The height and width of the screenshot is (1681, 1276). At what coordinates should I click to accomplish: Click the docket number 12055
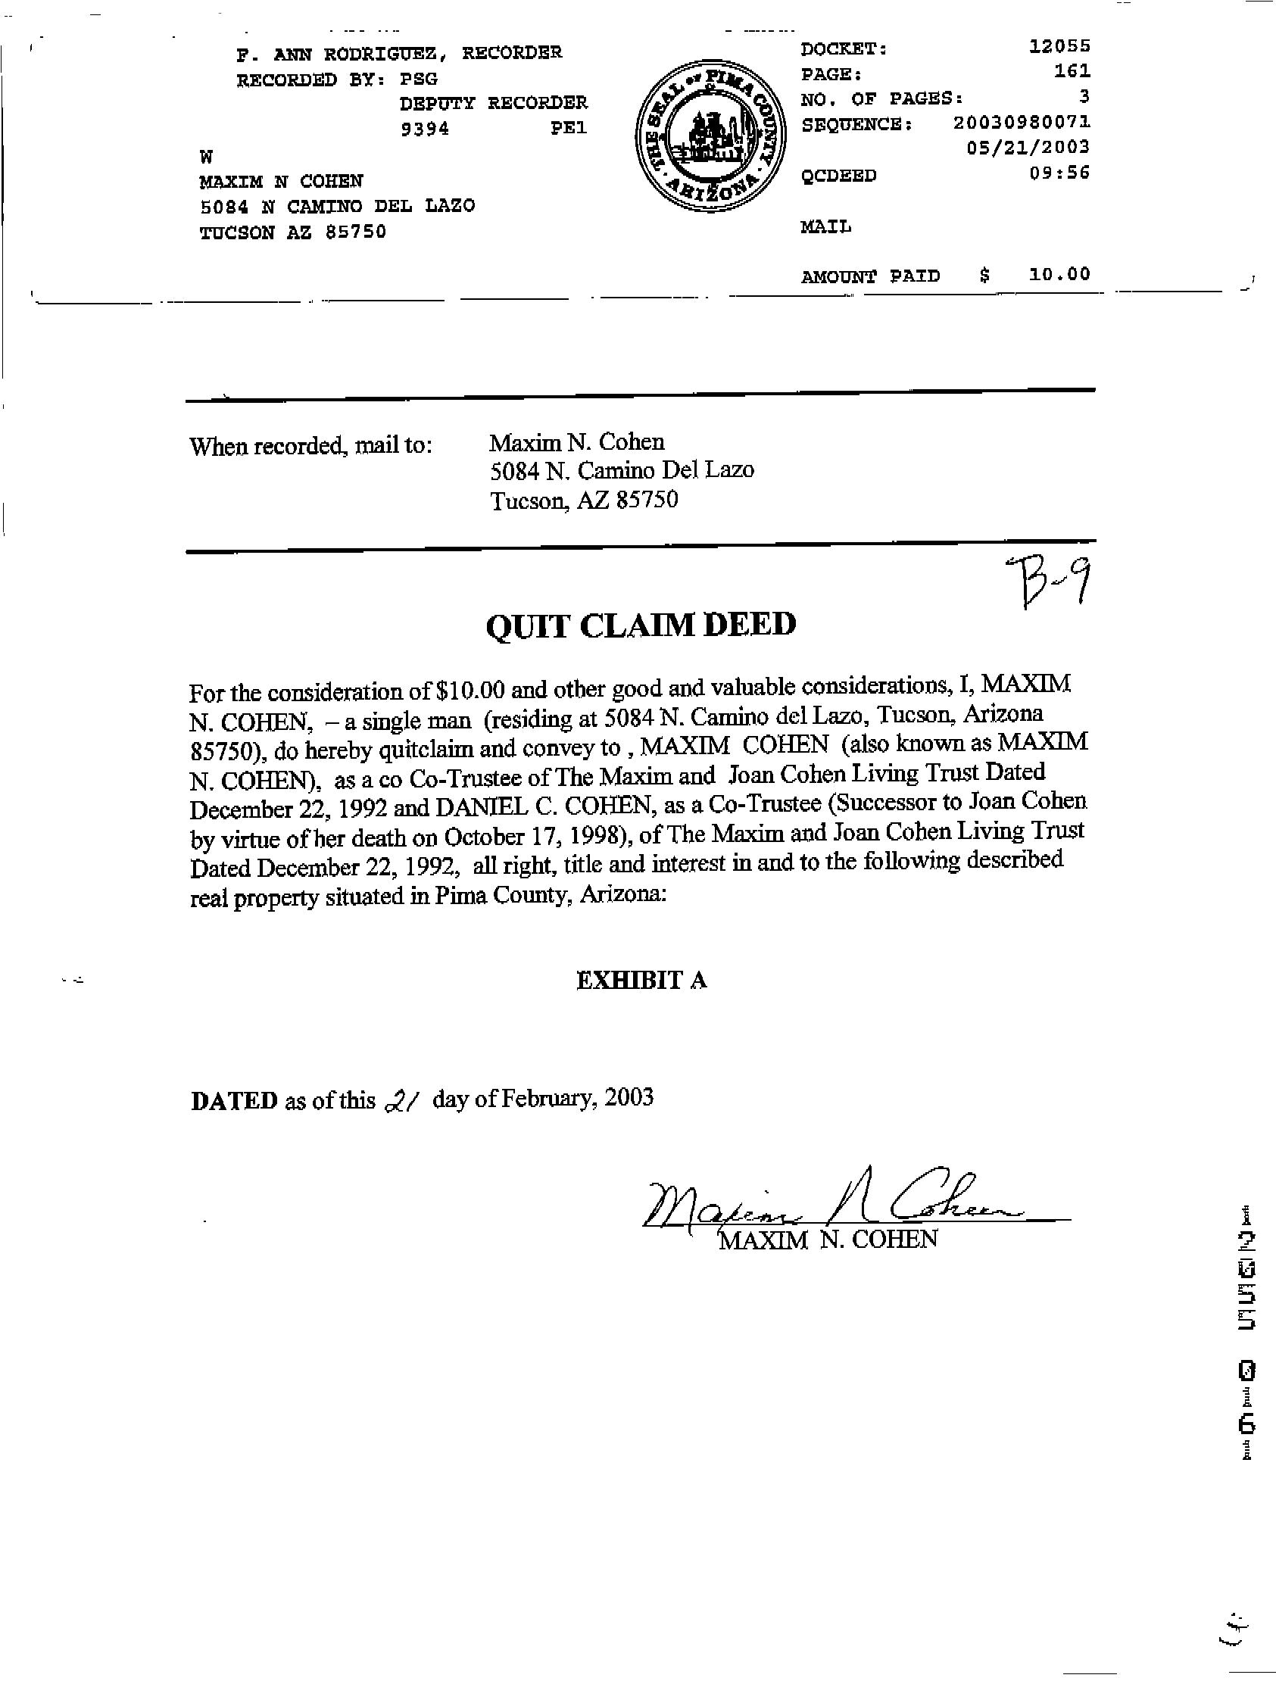(x=1059, y=46)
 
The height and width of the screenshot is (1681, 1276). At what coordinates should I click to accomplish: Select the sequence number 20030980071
(x=1022, y=122)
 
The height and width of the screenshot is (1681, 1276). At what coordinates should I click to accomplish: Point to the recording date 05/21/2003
(x=1028, y=147)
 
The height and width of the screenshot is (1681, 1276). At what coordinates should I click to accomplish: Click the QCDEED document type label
(x=838, y=176)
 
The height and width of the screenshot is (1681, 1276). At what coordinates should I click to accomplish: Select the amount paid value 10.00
(x=1059, y=274)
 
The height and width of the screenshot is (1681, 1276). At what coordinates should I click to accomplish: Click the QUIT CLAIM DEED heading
(x=640, y=625)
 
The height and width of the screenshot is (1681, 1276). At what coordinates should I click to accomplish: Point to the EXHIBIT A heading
(x=641, y=981)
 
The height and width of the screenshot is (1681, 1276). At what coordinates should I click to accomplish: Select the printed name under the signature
(x=828, y=1240)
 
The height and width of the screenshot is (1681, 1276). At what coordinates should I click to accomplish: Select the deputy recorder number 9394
(x=425, y=129)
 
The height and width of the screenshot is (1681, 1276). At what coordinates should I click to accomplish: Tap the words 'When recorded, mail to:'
(x=310, y=445)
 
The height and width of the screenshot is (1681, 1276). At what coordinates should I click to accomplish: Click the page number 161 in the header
(x=1073, y=71)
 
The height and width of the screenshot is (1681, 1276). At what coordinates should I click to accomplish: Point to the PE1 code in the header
(x=569, y=129)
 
